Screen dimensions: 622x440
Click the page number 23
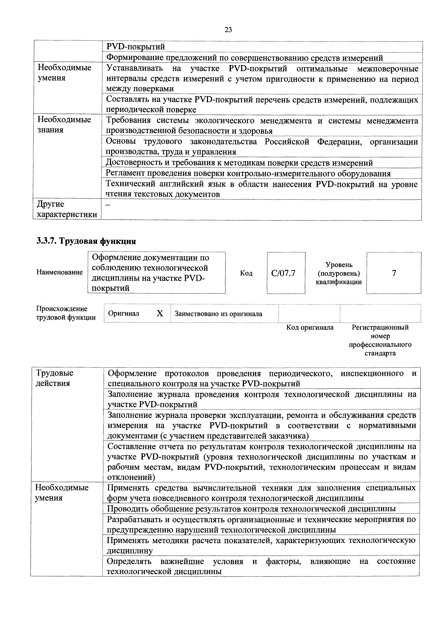(228, 30)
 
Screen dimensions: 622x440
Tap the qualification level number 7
(394, 273)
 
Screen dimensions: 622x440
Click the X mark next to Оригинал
(160, 314)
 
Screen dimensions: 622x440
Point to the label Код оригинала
(310, 327)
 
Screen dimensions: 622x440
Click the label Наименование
(60, 272)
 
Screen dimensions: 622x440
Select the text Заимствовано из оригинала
(218, 314)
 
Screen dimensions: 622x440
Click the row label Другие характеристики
(67, 209)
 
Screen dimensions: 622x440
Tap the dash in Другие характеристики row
(108, 205)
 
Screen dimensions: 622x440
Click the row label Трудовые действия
(54, 378)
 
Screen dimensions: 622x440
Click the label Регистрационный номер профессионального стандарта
(380, 340)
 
